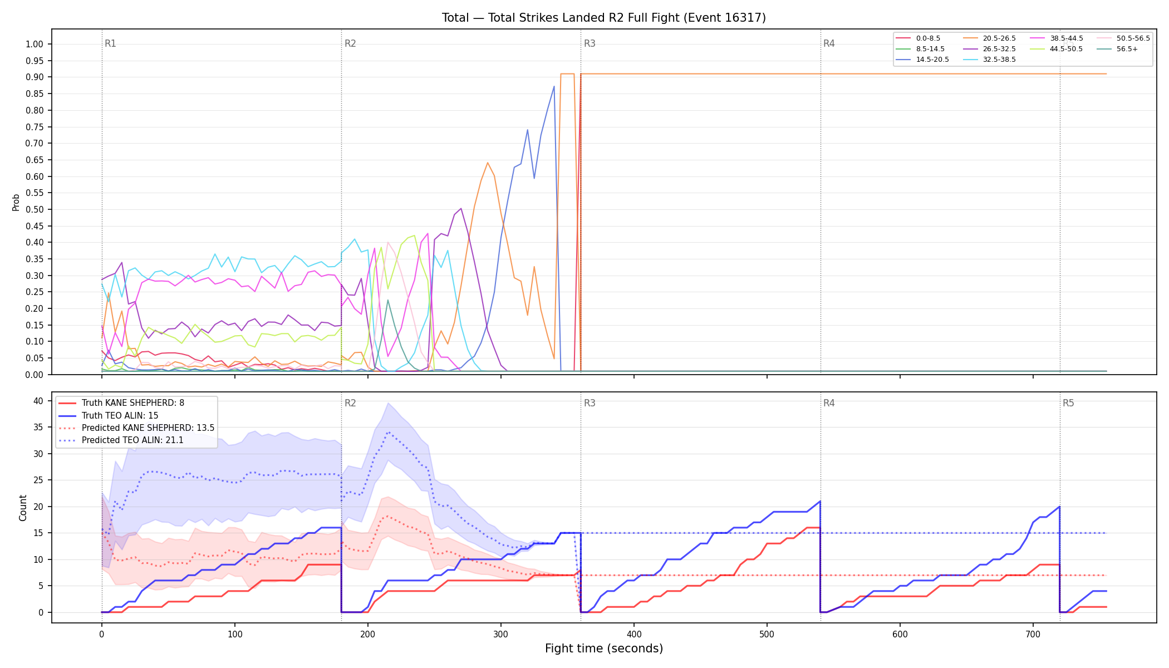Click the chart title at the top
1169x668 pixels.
[603, 18]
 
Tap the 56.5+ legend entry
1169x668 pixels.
[1117, 49]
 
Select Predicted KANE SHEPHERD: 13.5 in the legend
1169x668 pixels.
[136, 428]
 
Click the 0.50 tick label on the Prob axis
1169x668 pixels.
[35, 210]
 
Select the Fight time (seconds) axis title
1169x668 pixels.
[604, 649]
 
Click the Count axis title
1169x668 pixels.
[23, 508]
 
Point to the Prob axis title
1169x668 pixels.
[16, 202]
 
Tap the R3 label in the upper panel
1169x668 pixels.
[590, 43]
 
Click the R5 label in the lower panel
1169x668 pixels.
[1068, 403]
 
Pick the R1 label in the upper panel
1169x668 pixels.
[110, 43]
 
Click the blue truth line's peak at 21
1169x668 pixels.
[820, 501]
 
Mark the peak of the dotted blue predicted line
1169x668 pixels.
[388, 432]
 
